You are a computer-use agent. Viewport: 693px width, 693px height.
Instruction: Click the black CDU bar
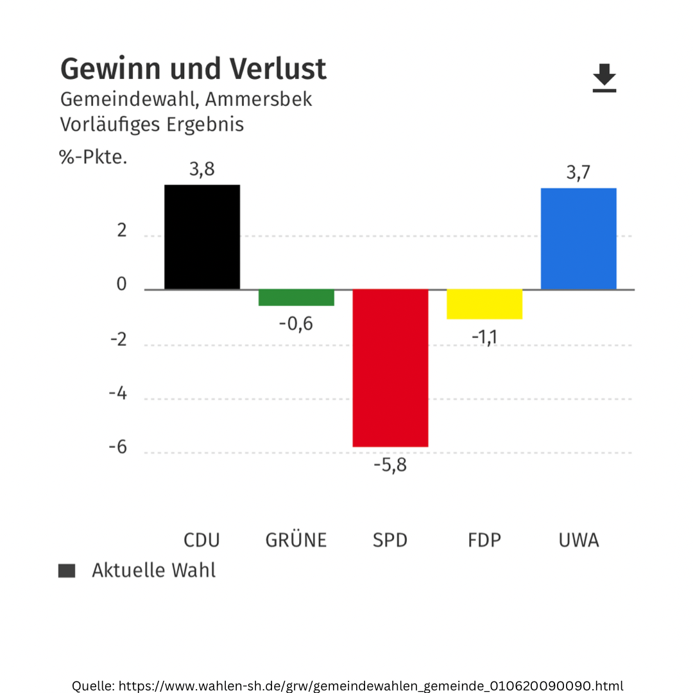(x=202, y=237)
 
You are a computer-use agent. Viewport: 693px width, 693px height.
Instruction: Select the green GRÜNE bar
(x=296, y=297)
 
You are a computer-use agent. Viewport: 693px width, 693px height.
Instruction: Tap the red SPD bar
(x=390, y=368)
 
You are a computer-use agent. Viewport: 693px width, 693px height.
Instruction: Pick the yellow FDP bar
(x=484, y=304)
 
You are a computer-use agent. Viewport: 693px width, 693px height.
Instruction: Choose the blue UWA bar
(x=578, y=239)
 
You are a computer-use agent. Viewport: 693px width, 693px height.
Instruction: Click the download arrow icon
(x=604, y=78)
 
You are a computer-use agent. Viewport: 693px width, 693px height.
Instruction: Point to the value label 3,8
(x=201, y=170)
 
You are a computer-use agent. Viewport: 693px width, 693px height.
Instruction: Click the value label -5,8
(x=390, y=465)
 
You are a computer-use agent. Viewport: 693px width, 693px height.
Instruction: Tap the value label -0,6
(x=296, y=324)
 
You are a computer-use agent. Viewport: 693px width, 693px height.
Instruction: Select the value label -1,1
(x=484, y=337)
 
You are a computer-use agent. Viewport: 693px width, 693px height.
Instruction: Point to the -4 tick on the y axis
(x=117, y=394)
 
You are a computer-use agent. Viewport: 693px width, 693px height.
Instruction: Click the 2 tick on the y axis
(x=122, y=232)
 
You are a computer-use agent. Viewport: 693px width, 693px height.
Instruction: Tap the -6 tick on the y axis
(x=117, y=448)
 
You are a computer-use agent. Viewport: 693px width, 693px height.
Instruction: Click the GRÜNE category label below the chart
(x=296, y=540)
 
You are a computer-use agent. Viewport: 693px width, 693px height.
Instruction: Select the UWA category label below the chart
(x=578, y=540)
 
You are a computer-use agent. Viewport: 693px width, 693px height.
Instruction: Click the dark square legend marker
(x=67, y=570)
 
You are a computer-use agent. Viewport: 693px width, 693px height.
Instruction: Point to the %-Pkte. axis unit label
(x=94, y=157)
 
